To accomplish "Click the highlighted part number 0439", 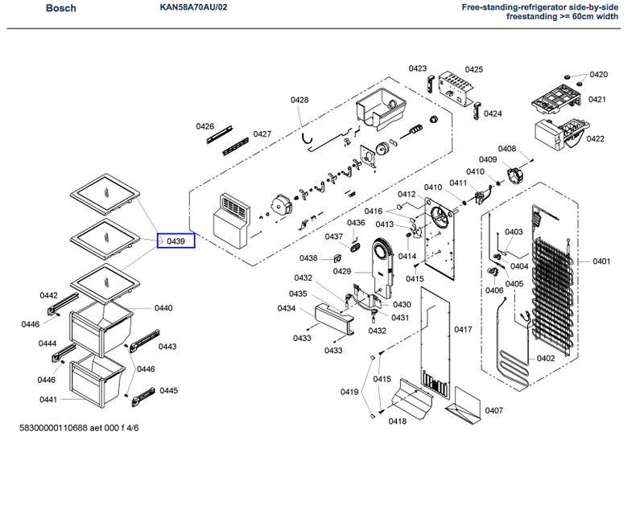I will pos(175,241).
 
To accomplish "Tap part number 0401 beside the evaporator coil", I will pos(601,261).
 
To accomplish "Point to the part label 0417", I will pos(462,330).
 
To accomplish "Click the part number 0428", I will pos(299,100).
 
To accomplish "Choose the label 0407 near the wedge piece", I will pos(493,410).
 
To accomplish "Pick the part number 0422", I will pos(596,139).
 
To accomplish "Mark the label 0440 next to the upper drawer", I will pos(163,308).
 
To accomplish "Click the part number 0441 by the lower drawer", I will pos(47,400).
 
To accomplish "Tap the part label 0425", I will pos(473,70).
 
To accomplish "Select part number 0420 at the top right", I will pos(598,75).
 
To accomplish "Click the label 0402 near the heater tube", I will pos(546,358).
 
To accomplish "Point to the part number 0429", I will pos(343,271).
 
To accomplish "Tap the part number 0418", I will pos(397,421).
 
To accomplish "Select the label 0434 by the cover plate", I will pos(286,309).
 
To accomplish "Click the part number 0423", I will pos(417,68).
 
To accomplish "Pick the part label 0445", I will pos(168,390).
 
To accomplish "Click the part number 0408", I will pos(506,149).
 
